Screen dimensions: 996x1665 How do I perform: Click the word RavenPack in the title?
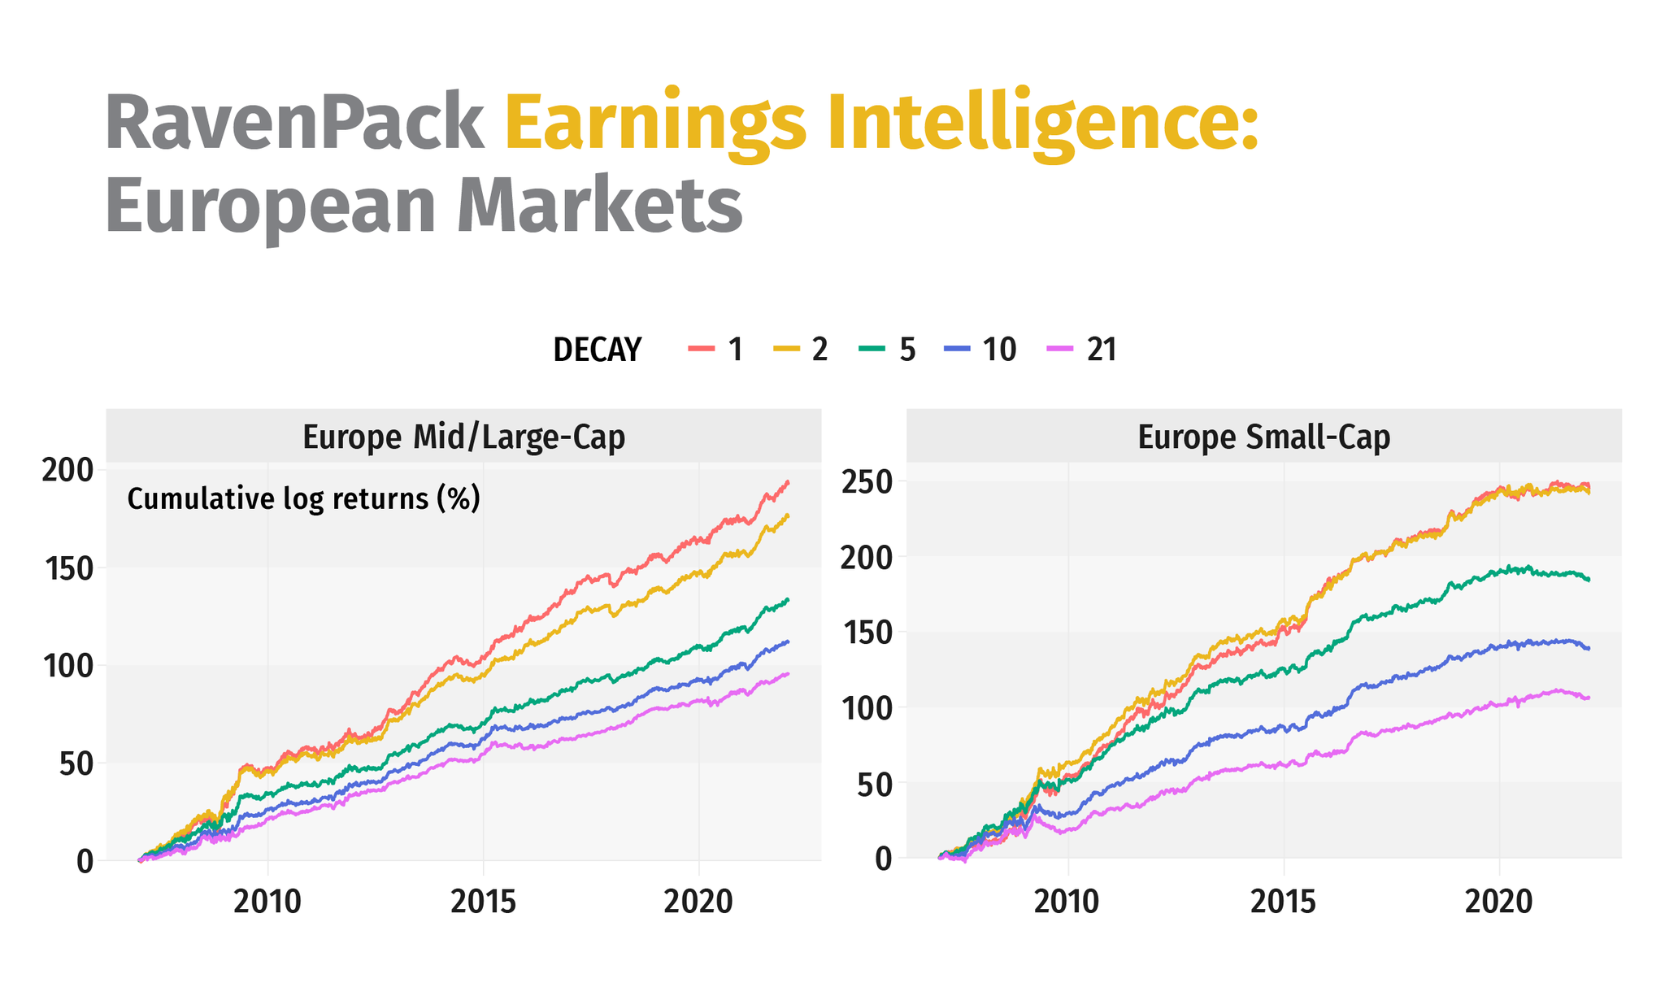coord(294,124)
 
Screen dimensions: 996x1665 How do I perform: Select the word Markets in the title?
coord(599,207)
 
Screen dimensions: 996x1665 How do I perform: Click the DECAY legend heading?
coord(597,350)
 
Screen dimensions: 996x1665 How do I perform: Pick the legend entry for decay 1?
coord(716,350)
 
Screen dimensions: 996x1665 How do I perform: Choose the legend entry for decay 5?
coord(888,350)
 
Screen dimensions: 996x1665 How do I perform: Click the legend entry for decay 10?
coord(980,350)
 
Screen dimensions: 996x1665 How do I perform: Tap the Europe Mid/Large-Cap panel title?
coord(463,437)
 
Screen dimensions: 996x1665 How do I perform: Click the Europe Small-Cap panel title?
coord(1263,437)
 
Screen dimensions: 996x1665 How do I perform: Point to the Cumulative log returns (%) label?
coord(303,498)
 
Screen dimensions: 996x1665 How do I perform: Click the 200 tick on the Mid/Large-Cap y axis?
coord(67,470)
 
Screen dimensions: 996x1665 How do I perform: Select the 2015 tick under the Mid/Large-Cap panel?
coord(483,901)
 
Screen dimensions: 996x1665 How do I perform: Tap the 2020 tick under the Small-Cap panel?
coord(1498,901)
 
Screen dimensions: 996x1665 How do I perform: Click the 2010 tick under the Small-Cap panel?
coord(1067,901)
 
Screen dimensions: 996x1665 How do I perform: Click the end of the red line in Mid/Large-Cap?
coord(788,482)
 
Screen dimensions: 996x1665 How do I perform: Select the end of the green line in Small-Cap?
coord(1589,580)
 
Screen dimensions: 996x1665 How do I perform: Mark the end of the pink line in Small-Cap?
coord(1589,698)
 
